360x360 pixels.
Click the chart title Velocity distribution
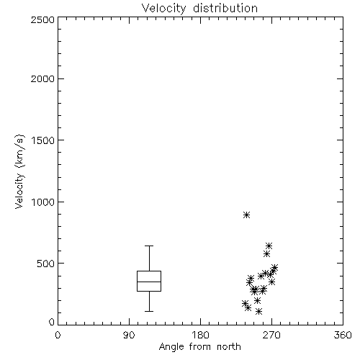point(199,8)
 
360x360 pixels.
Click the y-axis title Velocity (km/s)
point(19,172)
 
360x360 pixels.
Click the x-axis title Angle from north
point(199,347)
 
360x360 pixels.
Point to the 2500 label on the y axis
point(42,19)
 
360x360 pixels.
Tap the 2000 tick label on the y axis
point(42,79)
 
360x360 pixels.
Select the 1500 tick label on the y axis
point(43,140)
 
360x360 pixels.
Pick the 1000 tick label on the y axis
point(43,202)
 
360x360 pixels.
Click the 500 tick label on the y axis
point(45,264)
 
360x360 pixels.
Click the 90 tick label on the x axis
point(129,335)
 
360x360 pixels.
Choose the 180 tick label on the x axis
point(200,335)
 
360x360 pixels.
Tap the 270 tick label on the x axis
point(271,335)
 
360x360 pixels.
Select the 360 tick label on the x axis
point(343,335)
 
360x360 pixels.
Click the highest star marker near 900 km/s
point(246,215)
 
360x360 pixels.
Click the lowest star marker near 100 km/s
point(258,312)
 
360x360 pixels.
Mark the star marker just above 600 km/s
point(269,246)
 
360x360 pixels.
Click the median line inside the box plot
point(149,282)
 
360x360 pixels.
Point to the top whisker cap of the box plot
point(149,246)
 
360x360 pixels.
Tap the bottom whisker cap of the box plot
point(149,311)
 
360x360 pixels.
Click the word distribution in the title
point(225,8)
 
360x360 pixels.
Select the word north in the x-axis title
point(229,346)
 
